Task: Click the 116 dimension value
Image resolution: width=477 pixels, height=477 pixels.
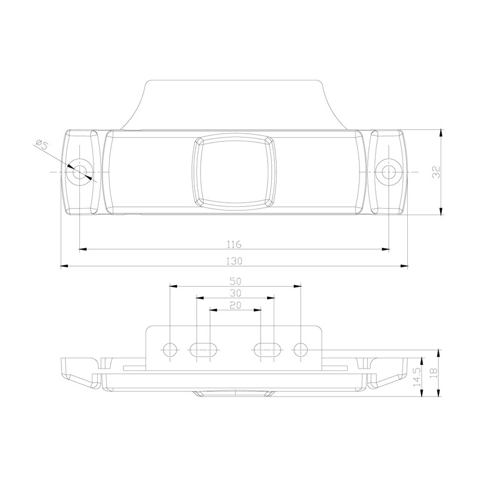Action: point(234,244)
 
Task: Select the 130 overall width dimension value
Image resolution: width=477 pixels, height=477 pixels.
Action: point(234,261)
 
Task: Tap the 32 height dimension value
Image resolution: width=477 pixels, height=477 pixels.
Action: point(436,172)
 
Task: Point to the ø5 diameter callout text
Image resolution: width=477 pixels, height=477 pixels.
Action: point(42,145)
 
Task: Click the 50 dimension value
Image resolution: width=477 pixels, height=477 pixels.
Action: point(235,281)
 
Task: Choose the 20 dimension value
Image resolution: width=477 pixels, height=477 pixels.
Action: point(235,304)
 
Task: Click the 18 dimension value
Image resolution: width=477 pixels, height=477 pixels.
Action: point(433,374)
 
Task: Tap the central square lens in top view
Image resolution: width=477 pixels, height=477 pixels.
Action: point(234,172)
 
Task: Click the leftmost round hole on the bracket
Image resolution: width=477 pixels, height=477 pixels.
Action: point(170,349)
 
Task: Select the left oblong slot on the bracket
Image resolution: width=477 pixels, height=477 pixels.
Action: point(203,349)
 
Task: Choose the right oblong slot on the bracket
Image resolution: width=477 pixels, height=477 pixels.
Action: point(268,349)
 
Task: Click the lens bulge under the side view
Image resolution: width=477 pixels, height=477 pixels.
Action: point(234,393)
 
